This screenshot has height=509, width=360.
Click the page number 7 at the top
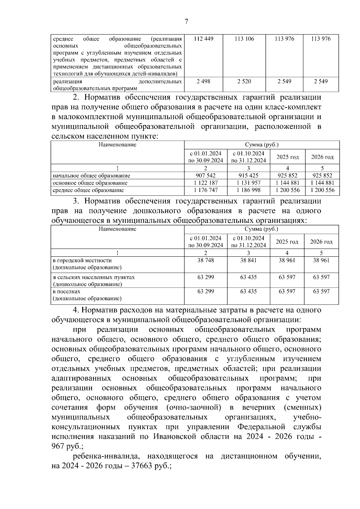[x=186, y=21]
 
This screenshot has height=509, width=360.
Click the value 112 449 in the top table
[x=203, y=39]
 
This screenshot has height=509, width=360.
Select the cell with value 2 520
[x=244, y=82]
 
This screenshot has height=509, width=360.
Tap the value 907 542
[x=205, y=176]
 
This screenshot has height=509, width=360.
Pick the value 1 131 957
[x=248, y=183]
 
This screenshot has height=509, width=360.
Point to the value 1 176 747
[x=205, y=190]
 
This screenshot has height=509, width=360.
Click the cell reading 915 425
[x=248, y=176]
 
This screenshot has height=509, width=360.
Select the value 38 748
[x=205, y=260]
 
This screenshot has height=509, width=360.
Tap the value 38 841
[x=248, y=260]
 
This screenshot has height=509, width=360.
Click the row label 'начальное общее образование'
[x=91, y=176]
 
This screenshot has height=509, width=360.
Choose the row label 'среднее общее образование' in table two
[x=88, y=190]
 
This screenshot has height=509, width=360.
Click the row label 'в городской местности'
[x=82, y=260]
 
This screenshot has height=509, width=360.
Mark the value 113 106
[x=244, y=39]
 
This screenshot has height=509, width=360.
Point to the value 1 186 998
[x=248, y=190]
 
